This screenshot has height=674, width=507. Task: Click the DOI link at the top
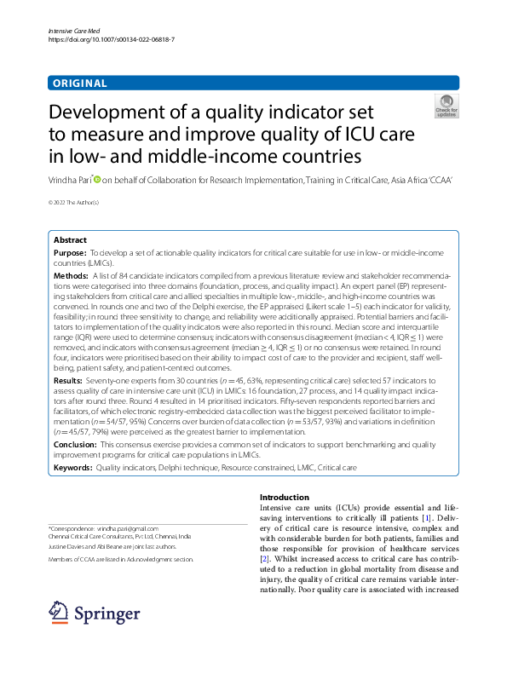click(x=112, y=40)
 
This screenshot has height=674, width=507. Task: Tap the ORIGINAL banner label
click(x=79, y=84)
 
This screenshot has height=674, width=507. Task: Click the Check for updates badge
click(x=446, y=106)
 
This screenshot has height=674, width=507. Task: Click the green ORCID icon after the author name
click(x=97, y=180)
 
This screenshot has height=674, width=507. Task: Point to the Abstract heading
click(x=71, y=240)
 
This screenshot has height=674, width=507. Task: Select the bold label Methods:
click(x=71, y=276)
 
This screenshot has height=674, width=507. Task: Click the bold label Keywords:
click(x=72, y=468)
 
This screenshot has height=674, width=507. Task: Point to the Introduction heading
click(x=285, y=498)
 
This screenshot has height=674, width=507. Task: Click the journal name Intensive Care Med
click(x=71, y=31)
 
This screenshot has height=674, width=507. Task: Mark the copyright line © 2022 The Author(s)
click(x=73, y=202)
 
